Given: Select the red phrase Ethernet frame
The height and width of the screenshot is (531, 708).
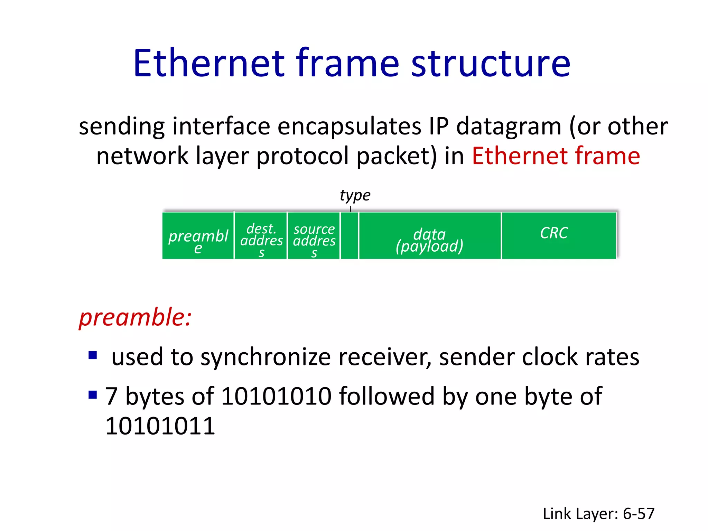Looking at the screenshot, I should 556,156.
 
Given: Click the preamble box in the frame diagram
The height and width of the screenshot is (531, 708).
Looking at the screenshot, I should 198,236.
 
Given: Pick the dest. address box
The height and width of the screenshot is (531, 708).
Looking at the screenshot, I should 261,236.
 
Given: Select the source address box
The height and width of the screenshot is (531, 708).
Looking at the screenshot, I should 314,236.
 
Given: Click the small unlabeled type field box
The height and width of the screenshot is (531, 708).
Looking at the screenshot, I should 350,236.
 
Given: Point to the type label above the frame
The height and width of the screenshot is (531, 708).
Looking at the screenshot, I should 355,195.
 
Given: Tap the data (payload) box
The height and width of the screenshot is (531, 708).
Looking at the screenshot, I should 430,236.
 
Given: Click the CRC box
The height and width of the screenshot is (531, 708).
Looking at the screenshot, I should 558,236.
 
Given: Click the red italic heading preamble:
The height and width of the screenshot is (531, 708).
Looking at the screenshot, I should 135,317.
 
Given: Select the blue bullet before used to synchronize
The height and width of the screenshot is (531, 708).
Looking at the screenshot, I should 93,355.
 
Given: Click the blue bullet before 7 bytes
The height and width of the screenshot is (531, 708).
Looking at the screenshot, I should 93,394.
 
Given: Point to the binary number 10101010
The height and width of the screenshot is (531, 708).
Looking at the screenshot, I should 276,396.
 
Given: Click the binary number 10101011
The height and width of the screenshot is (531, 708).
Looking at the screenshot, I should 160,426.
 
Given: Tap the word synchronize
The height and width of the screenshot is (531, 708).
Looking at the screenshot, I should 265,357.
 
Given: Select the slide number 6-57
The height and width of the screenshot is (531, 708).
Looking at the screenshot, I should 639,514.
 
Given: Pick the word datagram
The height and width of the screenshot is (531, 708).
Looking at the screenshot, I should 509,127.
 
